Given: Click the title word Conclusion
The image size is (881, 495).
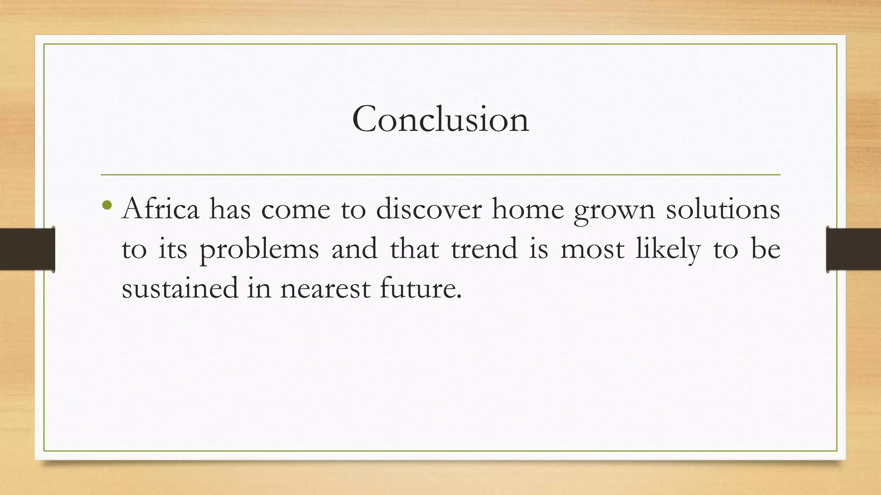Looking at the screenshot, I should [x=440, y=119].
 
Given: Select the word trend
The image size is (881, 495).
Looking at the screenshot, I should [x=484, y=249].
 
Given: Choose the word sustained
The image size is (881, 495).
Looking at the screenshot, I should [x=180, y=288].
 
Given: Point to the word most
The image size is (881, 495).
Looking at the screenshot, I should [x=592, y=250].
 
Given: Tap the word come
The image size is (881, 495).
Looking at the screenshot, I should [x=296, y=210].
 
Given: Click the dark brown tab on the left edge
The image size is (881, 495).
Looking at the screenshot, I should [x=27, y=249].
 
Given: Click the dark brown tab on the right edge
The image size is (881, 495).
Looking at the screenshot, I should [x=853, y=249].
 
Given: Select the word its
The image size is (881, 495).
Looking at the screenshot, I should [x=173, y=250].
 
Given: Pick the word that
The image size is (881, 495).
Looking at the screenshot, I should [x=414, y=249].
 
